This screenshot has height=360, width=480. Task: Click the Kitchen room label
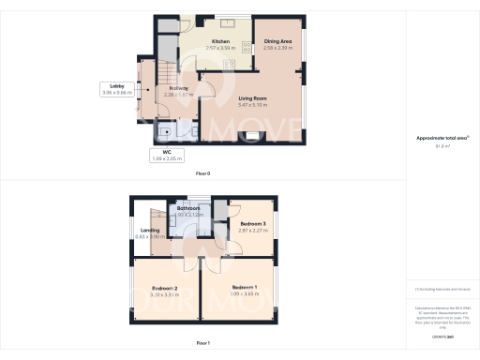221,42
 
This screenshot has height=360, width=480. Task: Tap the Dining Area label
278,42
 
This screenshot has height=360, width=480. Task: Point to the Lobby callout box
117,89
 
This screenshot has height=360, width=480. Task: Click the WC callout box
166,156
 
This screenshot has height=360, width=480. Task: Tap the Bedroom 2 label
163,288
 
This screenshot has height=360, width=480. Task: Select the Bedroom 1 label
245,287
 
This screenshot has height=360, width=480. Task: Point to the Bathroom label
189,208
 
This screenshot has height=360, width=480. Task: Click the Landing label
150,230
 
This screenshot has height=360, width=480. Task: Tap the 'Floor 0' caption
202,174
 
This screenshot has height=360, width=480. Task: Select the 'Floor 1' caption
202,344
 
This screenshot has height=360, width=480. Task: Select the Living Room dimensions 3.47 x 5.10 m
253,105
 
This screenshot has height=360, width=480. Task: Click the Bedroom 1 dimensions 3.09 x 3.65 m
245,294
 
